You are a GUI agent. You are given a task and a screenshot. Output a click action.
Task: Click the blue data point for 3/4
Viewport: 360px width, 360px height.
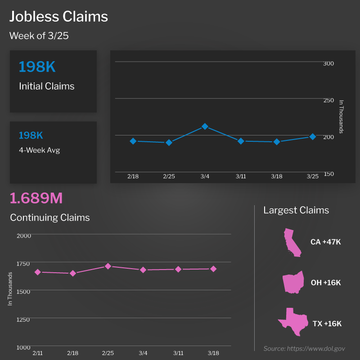click(205, 126)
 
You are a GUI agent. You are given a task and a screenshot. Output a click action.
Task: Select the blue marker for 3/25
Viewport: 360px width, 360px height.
click(312, 136)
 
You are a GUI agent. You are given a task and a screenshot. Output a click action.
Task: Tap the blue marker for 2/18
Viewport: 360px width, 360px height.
click(133, 141)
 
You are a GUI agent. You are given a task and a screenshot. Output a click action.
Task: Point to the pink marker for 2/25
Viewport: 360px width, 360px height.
click(108, 266)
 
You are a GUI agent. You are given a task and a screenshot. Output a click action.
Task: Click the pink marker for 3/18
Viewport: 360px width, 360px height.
click(213, 269)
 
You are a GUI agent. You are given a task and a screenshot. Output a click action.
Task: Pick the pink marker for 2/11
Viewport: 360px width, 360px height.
click(38, 272)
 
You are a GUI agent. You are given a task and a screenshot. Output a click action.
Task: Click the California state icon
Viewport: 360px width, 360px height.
click(291, 242)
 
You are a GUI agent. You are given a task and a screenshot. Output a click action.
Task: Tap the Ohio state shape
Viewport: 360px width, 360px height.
click(292, 283)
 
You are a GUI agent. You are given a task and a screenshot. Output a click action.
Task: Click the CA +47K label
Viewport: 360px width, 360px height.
click(325, 242)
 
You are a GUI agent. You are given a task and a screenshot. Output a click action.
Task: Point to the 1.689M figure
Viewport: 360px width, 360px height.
click(36, 198)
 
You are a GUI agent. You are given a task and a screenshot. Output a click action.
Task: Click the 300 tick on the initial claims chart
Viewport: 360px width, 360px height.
click(328, 63)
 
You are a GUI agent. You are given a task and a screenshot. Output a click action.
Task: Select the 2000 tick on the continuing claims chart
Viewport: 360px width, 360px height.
click(23, 235)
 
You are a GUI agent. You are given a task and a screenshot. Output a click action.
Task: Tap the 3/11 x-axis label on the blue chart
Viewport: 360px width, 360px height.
click(241, 177)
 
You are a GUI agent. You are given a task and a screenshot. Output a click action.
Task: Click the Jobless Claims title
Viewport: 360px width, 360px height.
click(59, 17)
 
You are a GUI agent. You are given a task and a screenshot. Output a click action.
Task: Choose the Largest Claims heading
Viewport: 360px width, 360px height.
click(296, 210)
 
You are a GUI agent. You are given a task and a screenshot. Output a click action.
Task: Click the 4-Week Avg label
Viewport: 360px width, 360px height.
click(39, 150)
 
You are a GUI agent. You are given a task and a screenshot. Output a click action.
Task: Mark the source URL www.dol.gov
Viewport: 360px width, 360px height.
click(320, 348)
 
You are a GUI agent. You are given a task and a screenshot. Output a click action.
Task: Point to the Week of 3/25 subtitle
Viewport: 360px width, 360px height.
click(39, 36)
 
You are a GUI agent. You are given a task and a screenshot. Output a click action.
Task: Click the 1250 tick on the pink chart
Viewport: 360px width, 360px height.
click(23, 319)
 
